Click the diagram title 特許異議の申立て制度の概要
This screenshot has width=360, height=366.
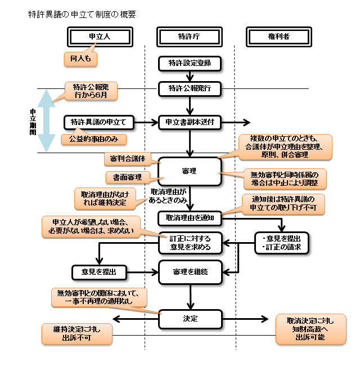82,14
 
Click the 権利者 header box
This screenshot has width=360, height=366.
280,36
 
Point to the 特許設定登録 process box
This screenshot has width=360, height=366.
190,64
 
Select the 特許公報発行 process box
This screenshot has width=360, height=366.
190,89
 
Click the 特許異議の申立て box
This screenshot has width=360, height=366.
98,122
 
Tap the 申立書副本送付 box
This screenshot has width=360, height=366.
190,122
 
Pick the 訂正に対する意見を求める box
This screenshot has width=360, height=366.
190,243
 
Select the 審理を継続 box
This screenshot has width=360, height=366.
190,271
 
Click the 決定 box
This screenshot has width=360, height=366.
190,319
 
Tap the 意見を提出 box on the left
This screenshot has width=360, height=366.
98,271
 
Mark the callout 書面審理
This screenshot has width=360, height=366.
127,177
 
